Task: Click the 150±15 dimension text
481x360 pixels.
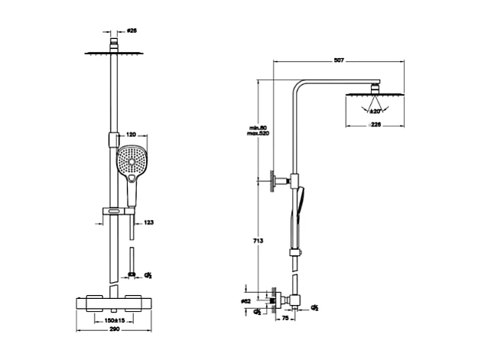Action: click(x=115, y=319)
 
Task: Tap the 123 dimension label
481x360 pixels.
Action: click(x=149, y=222)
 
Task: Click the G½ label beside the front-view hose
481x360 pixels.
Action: click(x=149, y=273)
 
